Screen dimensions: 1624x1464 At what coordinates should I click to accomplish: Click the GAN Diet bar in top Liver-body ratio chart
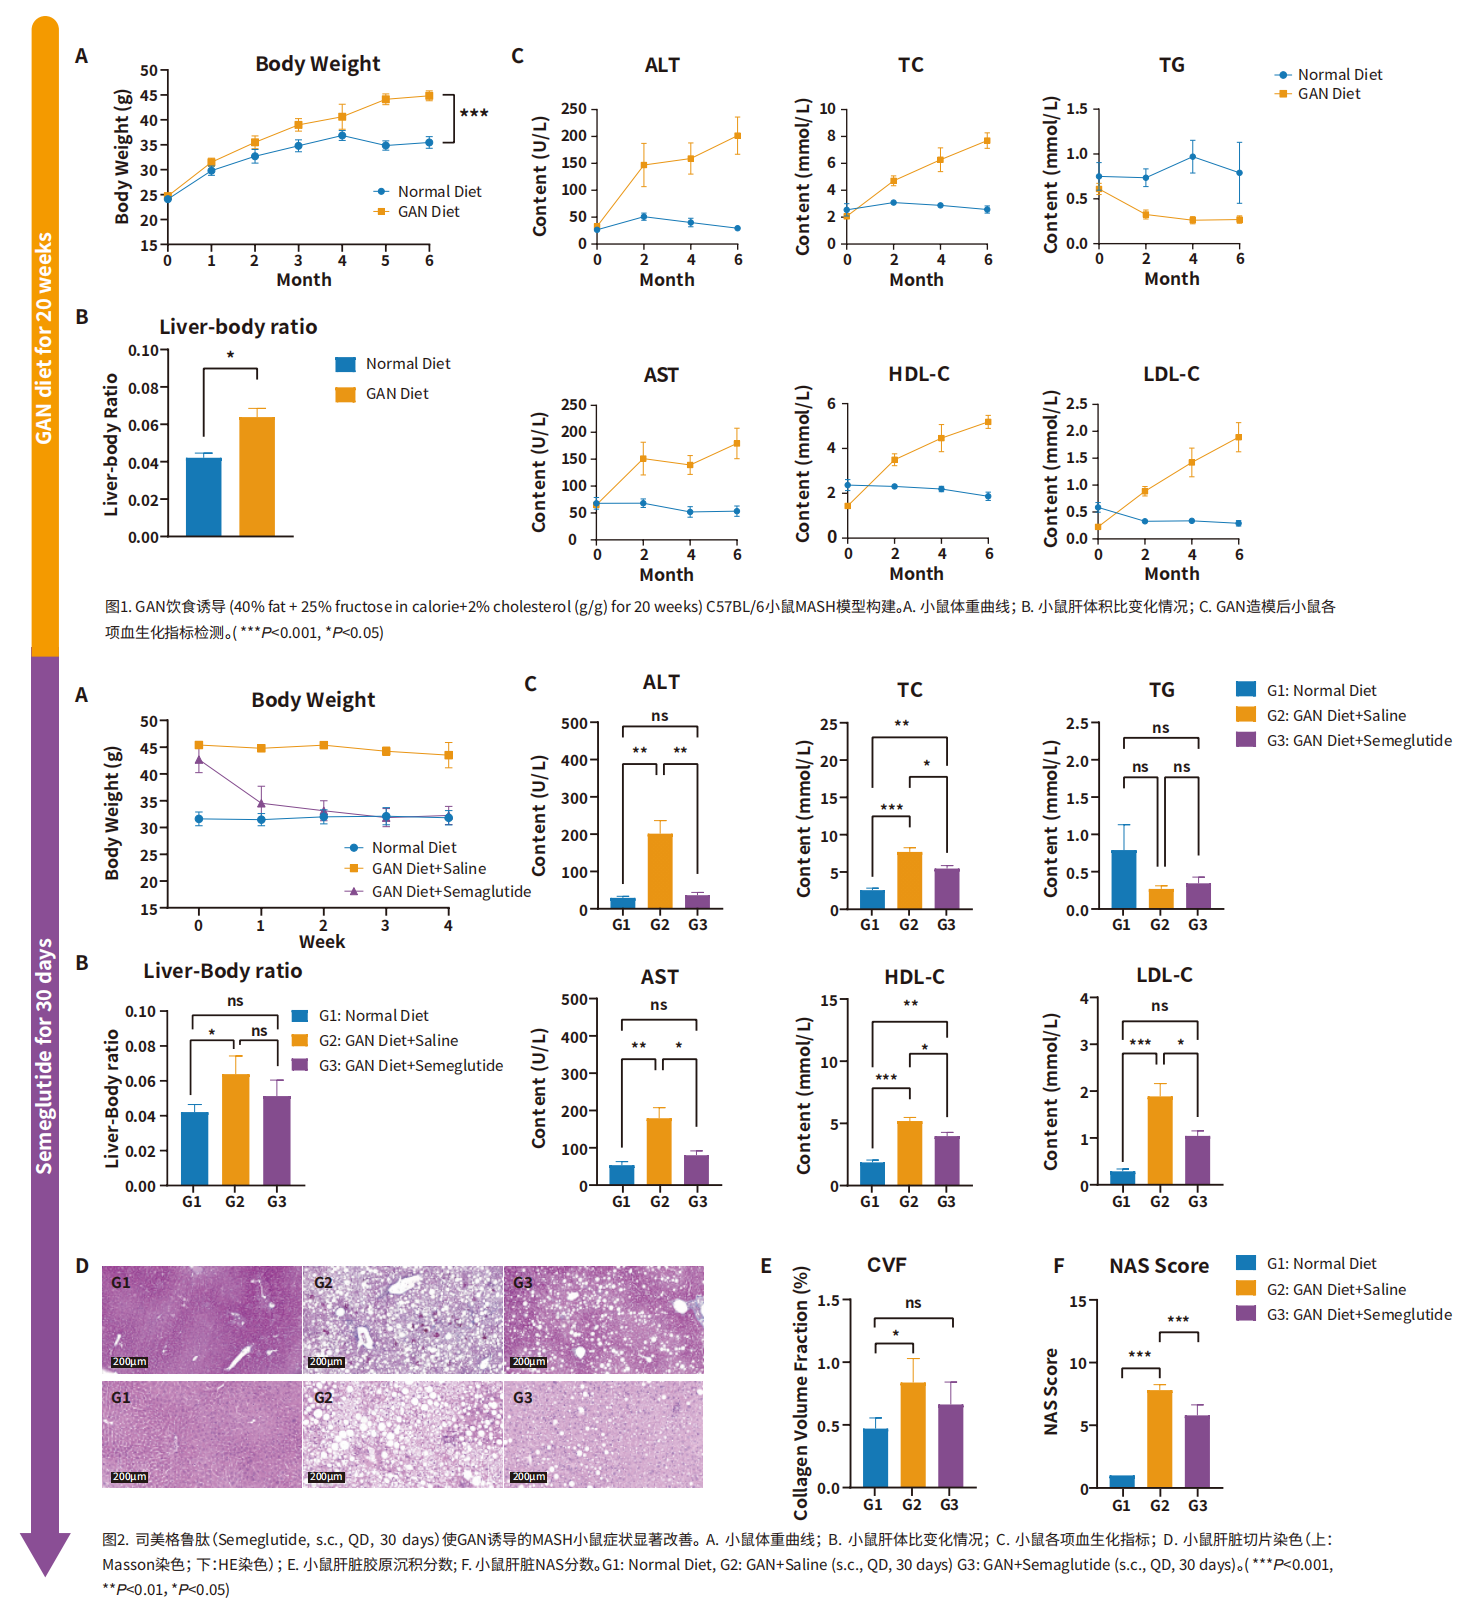257,476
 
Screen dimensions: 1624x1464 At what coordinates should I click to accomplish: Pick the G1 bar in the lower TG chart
1123,879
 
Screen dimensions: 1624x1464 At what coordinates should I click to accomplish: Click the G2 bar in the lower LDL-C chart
1159,1140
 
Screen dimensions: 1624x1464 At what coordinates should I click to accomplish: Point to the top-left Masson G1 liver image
201,1319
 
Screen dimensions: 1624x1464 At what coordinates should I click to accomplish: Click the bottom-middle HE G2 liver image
402,1434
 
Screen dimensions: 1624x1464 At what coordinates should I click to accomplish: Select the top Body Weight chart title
317,64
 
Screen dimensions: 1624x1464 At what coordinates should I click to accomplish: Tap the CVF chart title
886,1265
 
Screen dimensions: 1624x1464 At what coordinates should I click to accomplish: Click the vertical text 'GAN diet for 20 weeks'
44,338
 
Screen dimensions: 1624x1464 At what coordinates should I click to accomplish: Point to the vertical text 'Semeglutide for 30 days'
44,1055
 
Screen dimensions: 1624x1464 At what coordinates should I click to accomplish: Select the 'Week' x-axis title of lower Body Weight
321,942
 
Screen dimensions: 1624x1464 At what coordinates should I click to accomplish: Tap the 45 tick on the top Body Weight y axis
148,96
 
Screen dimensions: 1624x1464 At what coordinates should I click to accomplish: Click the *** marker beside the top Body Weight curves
474,114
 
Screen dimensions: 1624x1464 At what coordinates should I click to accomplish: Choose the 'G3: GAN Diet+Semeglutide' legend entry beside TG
1359,741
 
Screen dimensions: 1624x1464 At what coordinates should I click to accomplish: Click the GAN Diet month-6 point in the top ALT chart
737,136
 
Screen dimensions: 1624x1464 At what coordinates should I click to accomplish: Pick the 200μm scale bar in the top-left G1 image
129,1362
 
